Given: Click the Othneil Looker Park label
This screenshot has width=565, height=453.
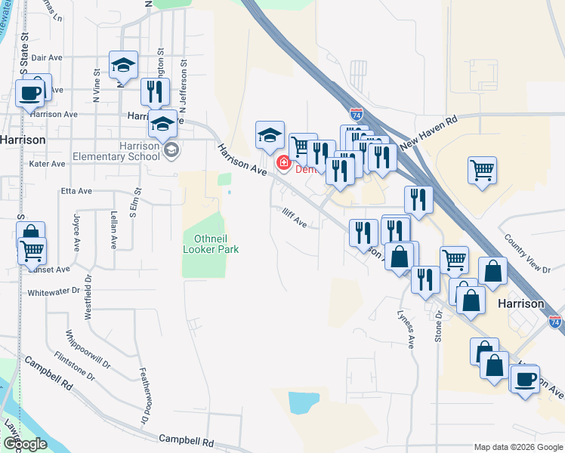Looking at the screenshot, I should (211, 243).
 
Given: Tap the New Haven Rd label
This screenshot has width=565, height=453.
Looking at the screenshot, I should (430, 131).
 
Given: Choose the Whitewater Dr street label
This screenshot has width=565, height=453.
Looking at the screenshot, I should (53, 291).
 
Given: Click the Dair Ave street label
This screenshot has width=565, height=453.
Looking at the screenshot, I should (47, 57).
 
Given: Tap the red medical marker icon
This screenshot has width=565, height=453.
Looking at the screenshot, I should (285, 162).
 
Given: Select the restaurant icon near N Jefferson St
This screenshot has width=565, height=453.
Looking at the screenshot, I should (155, 91).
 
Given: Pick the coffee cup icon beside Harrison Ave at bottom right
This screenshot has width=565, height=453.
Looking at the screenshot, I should (525, 378).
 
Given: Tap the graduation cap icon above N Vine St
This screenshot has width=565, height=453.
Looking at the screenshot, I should (122, 65).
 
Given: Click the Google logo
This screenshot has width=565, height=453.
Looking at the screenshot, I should (26, 444).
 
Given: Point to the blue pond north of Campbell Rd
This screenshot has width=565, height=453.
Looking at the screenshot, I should (299, 402).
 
